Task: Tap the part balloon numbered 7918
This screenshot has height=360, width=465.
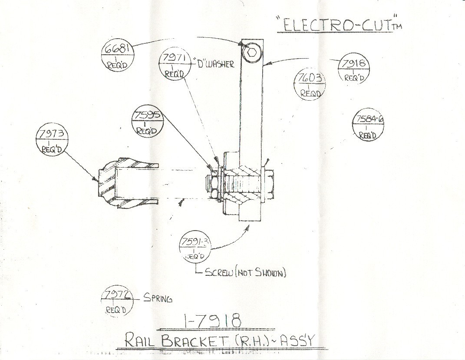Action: (x=354, y=69)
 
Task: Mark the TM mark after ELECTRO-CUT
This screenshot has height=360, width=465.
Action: (x=397, y=27)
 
